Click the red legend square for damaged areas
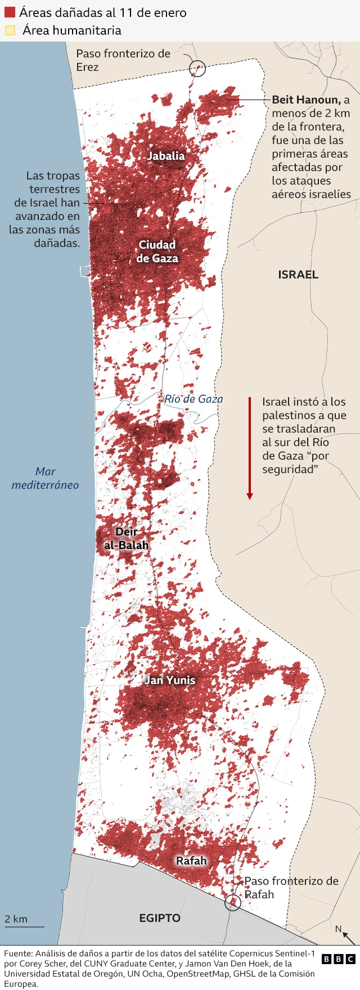point(10,12)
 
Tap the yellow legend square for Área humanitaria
point(10,30)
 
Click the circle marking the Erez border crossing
point(197,69)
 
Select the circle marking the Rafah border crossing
point(233,903)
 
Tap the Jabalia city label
point(166,156)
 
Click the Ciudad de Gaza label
point(157,251)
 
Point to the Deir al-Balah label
point(127,538)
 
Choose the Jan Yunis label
point(170,679)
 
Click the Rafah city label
point(191,861)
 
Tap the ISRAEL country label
point(298,274)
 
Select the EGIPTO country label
point(160,918)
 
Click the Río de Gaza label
point(193,399)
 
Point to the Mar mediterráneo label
point(46,478)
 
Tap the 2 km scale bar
point(24,926)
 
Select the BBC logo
point(339,959)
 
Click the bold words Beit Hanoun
point(306,100)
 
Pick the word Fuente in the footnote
point(18,953)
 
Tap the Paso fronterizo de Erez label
point(123,60)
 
